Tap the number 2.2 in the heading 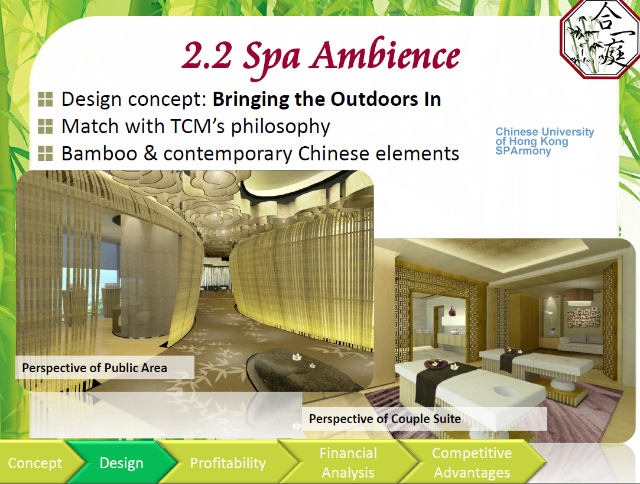tap(207, 56)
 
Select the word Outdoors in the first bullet tap(374, 99)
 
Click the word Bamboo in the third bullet tap(99, 154)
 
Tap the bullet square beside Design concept tap(45, 99)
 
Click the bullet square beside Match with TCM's tap(45, 126)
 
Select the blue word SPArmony tap(523, 151)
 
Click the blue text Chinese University tap(544, 131)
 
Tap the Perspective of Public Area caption tap(95, 368)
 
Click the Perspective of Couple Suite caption tap(385, 419)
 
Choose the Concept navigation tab tap(35, 463)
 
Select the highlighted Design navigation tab tap(122, 463)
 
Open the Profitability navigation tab tap(228, 463)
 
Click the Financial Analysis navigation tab tap(348, 463)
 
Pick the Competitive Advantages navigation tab tap(472, 463)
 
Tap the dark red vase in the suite tap(452, 311)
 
